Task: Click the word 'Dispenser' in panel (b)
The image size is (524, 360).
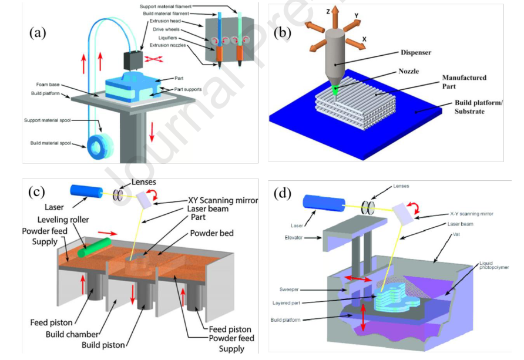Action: click(x=415, y=52)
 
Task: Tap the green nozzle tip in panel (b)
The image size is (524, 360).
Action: click(x=334, y=89)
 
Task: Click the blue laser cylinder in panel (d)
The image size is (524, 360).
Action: click(x=321, y=203)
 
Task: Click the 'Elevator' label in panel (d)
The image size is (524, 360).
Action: click(x=297, y=237)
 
